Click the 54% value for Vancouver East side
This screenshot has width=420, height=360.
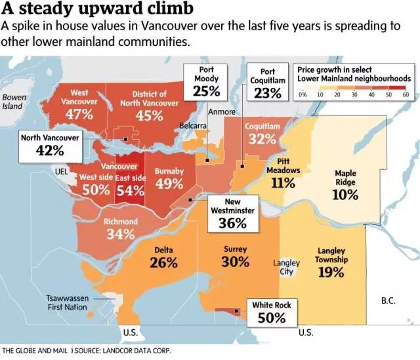pos(131,190)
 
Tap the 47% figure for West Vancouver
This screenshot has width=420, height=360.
pos(79,114)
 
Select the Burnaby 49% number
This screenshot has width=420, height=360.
pos(169,184)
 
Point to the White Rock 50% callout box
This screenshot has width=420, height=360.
pos(271,312)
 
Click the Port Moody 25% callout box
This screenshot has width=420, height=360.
pos(206,82)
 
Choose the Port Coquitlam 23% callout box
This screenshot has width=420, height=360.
pos(267,83)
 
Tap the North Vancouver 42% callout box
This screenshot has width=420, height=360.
pos(50,144)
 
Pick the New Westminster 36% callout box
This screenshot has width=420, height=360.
pos(232,214)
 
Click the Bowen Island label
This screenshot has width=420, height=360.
pos(14,102)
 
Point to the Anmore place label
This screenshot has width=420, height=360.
pos(221,111)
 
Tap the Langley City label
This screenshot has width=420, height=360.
pos(286,267)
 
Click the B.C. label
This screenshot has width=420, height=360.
pos(388,301)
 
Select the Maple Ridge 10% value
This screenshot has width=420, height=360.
pos(345,195)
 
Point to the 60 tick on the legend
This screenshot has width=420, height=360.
pos(406,95)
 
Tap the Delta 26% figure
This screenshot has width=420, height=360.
pos(163,263)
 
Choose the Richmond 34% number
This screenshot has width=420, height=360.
pos(121,234)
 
